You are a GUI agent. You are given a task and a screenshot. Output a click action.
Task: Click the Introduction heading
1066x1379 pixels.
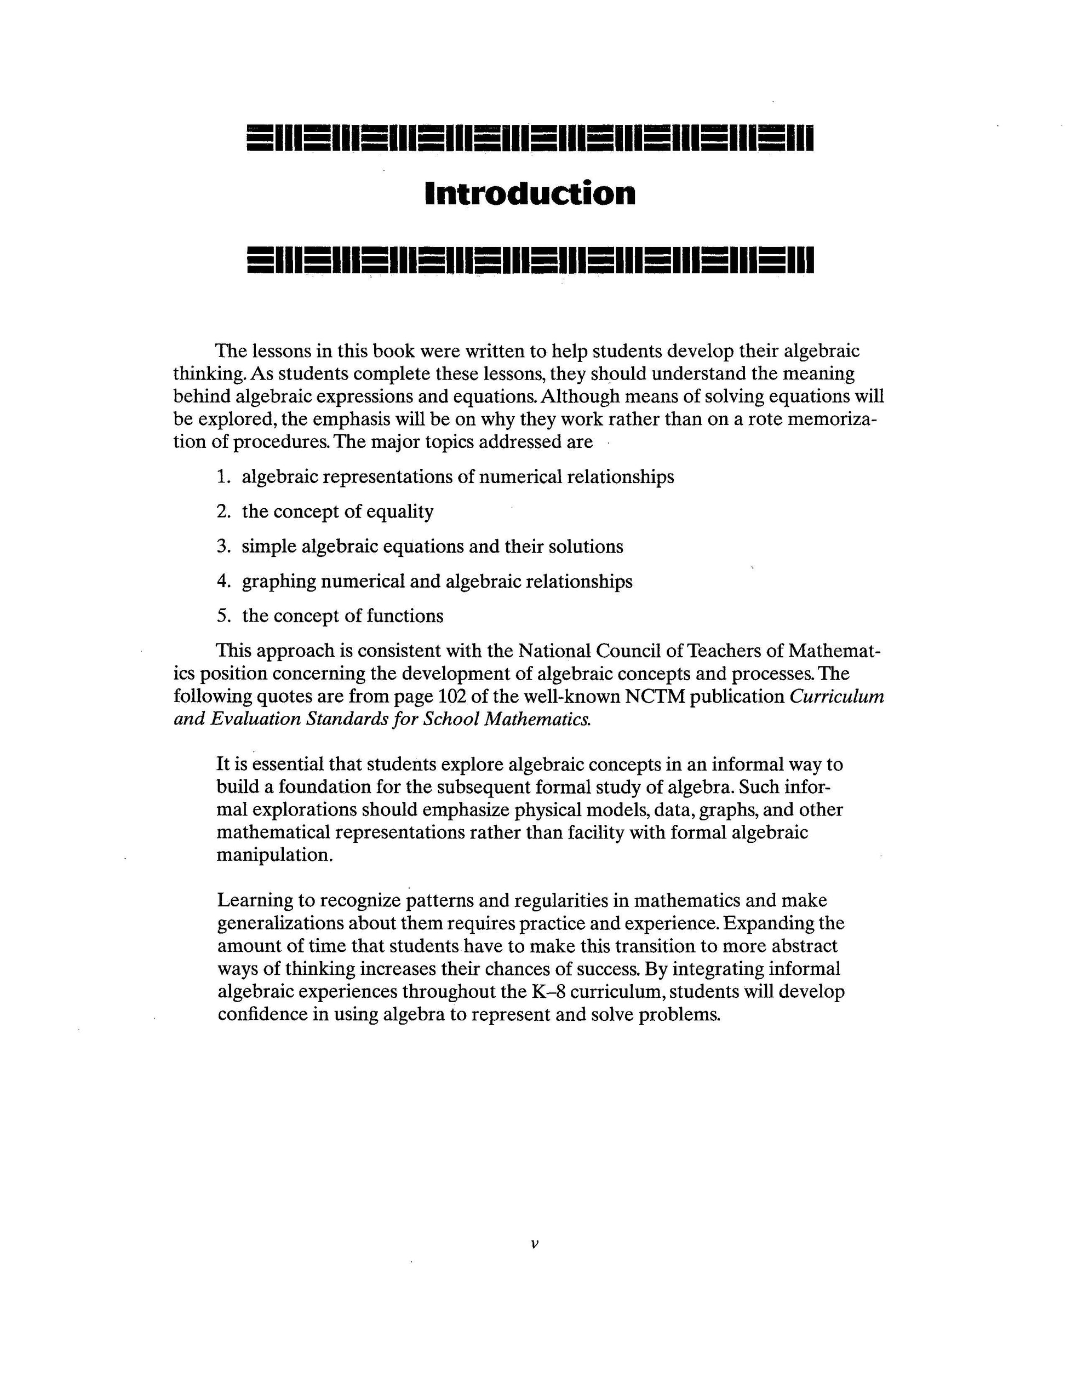click(530, 193)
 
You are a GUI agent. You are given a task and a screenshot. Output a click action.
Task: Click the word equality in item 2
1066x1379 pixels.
click(400, 512)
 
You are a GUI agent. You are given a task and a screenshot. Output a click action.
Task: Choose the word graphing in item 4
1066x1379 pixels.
click(278, 582)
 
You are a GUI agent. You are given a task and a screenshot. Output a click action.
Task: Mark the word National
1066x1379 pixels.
click(554, 651)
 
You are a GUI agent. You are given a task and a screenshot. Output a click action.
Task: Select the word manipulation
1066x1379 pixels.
click(274, 855)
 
